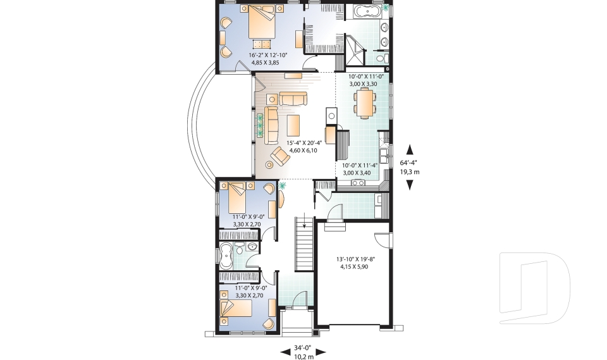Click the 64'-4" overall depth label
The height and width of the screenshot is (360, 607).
(x=410, y=166)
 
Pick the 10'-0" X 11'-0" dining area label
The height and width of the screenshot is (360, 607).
(x=366, y=80)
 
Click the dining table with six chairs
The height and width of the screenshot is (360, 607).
(x=364, y=103)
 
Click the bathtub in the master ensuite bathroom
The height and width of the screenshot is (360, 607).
(x=366, y=11)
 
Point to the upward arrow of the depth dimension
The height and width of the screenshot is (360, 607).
(x=410, y=149)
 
